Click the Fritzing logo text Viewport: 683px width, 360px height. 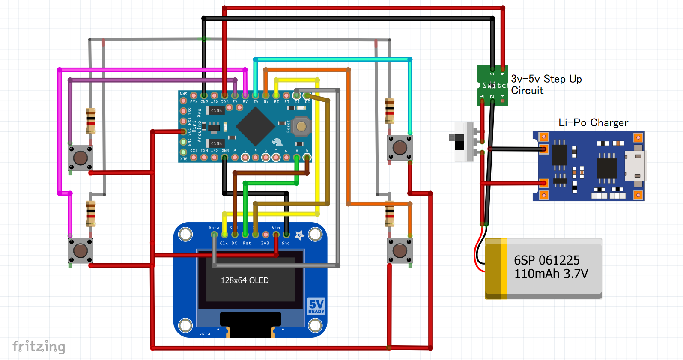point(39,346)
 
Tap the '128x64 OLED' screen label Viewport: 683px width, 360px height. point(245,280)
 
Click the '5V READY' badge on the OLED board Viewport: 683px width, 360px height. point(316,306)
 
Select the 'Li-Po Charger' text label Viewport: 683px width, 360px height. point(593,123)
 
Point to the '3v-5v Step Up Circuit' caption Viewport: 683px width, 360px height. point(546,85)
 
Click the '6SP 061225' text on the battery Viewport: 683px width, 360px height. point(547,260)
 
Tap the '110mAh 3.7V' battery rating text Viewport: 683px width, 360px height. point(551,274)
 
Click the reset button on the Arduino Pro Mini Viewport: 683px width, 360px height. point(301,126)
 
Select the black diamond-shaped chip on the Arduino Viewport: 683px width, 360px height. point(255,126)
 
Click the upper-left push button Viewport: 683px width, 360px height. point(81,158)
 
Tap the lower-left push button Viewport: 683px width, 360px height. point(81,250)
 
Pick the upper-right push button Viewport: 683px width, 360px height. point(400,148)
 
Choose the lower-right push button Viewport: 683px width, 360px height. point(400,250)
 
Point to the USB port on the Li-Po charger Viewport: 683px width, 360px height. point(636,166)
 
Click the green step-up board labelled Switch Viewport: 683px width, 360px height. point(492,85)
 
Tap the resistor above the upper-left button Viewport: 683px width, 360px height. point(91,121)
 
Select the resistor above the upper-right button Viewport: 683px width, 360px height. point(389,110)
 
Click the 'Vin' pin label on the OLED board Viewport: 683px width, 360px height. point(276,228)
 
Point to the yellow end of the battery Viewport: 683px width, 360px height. point(496,269)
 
